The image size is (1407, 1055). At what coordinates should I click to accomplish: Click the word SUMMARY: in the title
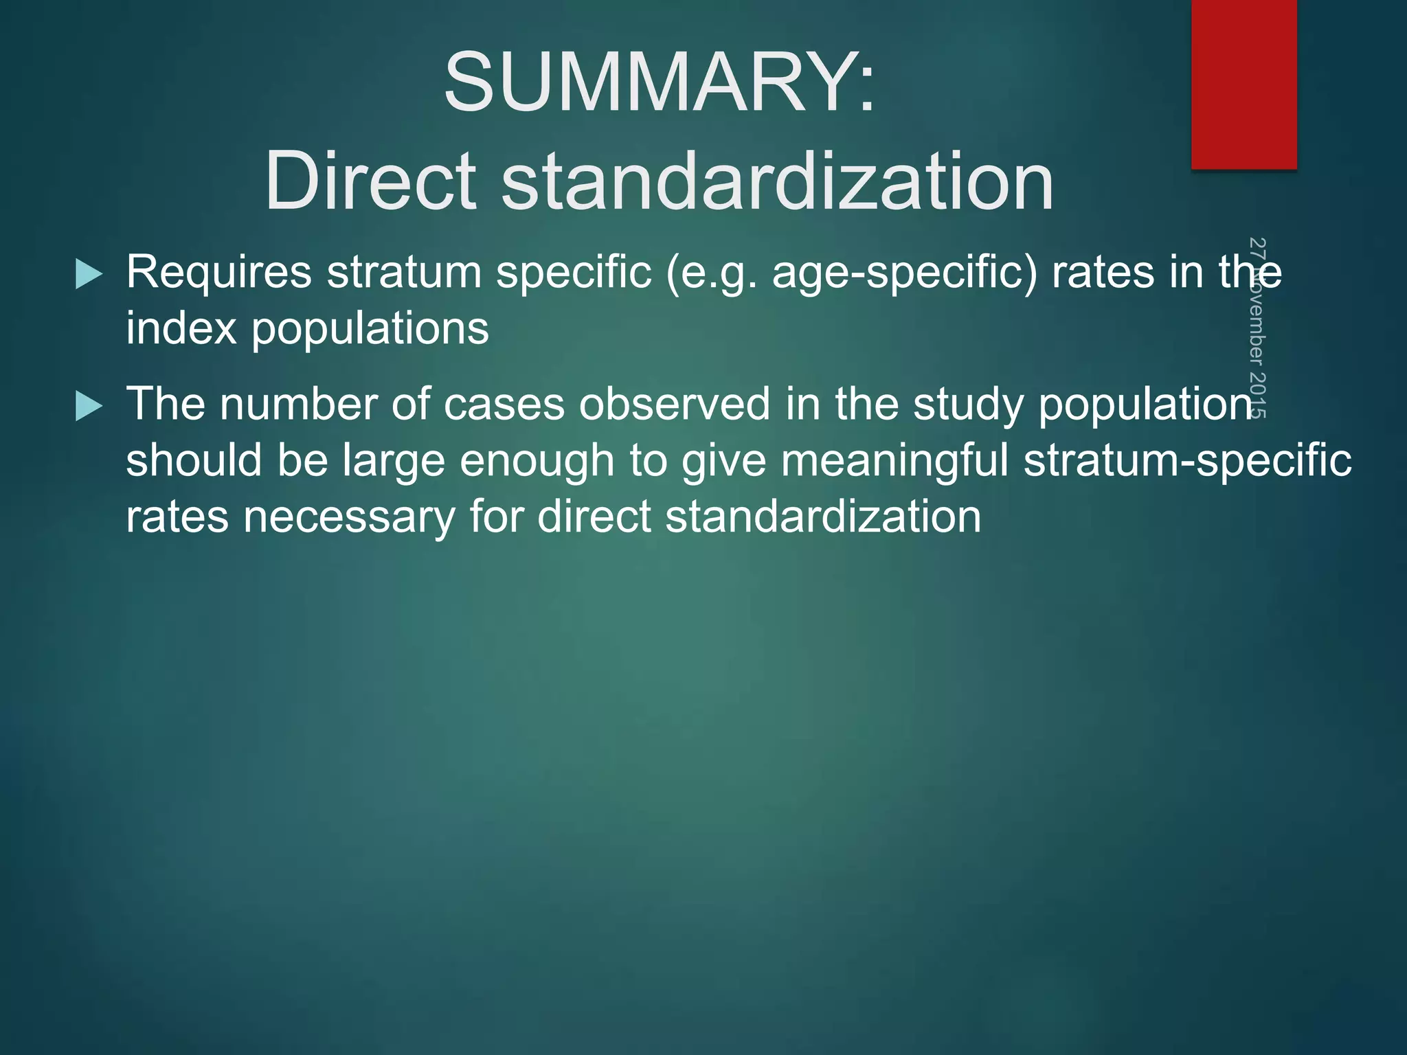click(660, 82)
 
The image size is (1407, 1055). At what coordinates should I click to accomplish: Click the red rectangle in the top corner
click(1243, 82)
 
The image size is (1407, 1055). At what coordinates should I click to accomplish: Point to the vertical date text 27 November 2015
click(1257, 328)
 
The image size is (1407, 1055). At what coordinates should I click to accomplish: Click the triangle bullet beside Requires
click(89, 274)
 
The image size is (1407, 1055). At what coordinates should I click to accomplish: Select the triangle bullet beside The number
click(89, 406)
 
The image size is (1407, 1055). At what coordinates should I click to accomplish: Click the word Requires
click(218, 273)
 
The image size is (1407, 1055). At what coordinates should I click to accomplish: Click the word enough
click(537, 461)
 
